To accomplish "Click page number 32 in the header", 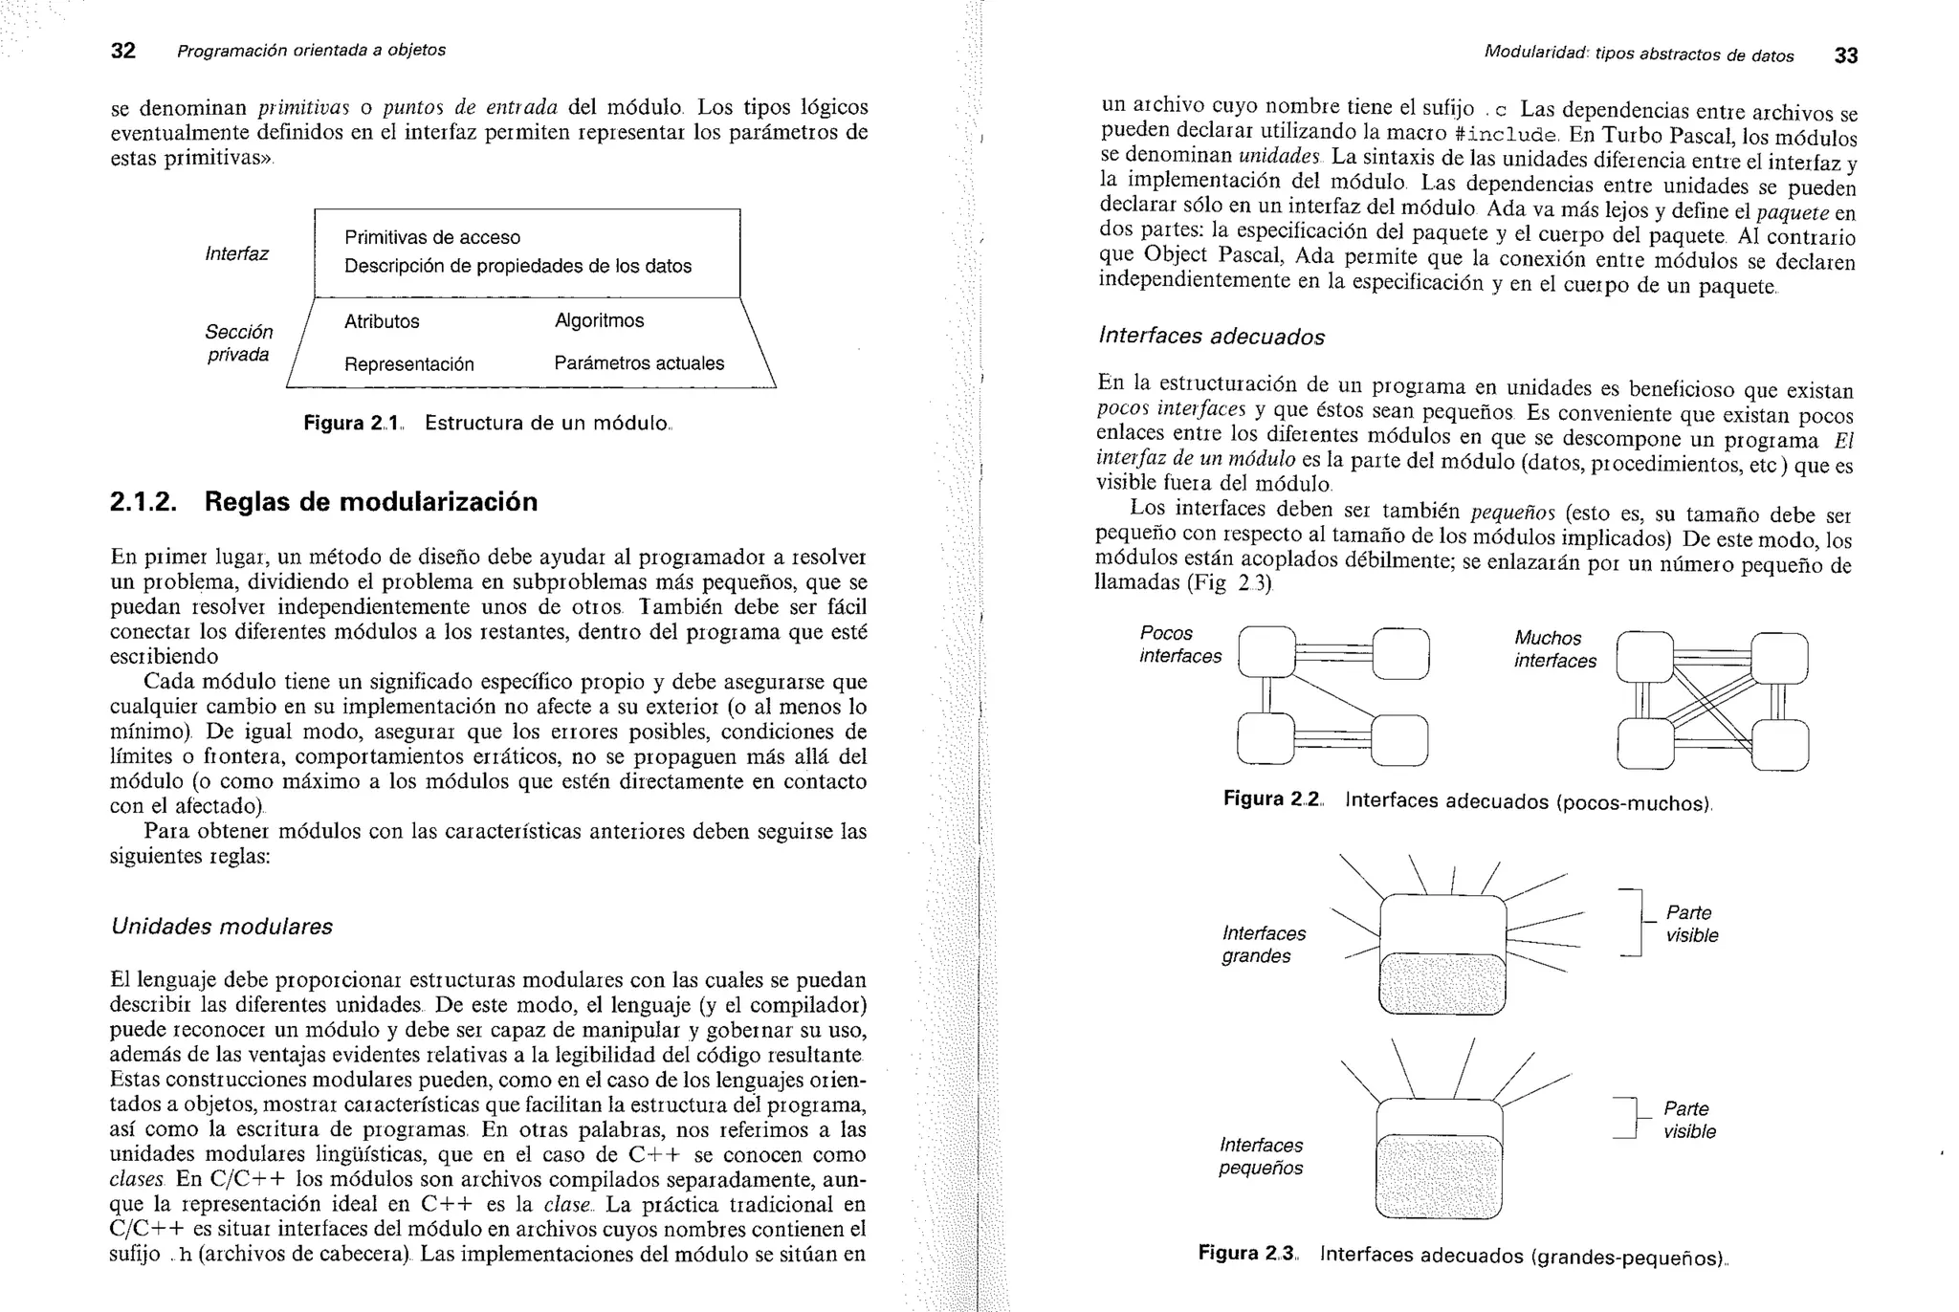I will point(123,51).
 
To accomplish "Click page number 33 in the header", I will point(1845,55).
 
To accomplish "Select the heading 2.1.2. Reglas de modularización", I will point(323,501).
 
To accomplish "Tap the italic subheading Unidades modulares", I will point(221,926).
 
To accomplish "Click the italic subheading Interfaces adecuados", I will point(1211,336).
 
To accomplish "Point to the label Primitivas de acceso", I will point(432,237).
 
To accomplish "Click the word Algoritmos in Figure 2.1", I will point(599,320).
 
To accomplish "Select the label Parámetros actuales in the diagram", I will point(639,363).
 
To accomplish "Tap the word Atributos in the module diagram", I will point(382,321).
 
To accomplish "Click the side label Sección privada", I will point(238,343).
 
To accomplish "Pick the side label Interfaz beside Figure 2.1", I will point(236,253).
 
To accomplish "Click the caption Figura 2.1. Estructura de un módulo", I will point(488,423).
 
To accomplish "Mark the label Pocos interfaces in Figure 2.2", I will point(1179,645).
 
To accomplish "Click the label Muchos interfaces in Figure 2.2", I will point(1554,649).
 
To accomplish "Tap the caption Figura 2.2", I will point(1467,800).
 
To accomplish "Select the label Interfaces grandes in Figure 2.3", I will point(1263,944).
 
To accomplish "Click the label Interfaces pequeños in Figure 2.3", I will point(1261,1156).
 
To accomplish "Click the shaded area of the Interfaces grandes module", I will point(1442,984).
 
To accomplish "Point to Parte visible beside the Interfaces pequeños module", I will point(1688,1120).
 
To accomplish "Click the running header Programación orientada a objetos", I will point(311,50).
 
